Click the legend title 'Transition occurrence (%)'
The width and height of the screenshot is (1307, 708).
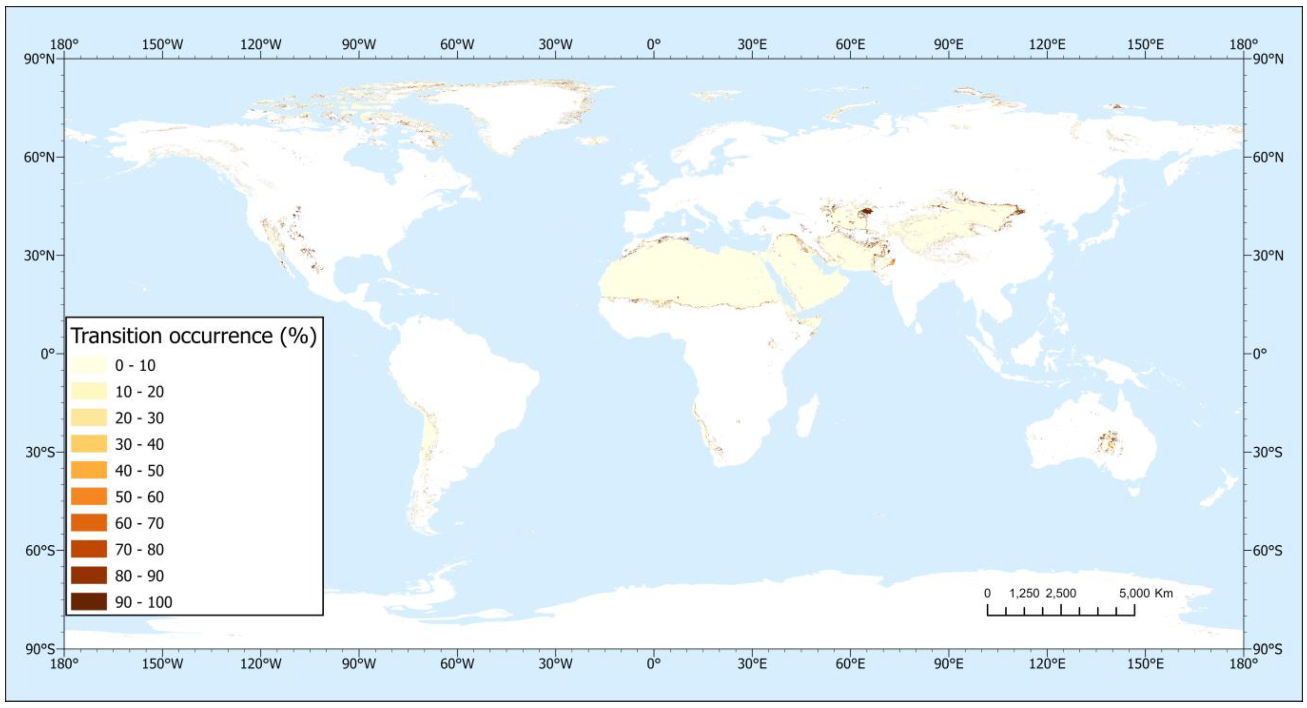(x=193, y=336)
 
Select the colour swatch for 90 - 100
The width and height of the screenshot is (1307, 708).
(x=89, y=601)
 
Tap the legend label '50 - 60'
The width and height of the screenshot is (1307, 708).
(x=139, y=497)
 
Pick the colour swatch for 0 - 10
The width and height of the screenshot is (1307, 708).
(x=89, y=365)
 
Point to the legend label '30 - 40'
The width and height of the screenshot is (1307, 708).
(x=139, y=445)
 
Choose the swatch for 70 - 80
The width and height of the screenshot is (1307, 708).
(x=89, y=549)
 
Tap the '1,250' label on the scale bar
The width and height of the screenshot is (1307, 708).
(x=1024, y=593)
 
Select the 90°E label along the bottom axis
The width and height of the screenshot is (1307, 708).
(x=949, y=663)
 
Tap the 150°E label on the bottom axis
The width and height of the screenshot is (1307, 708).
(x=1146, y=663)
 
